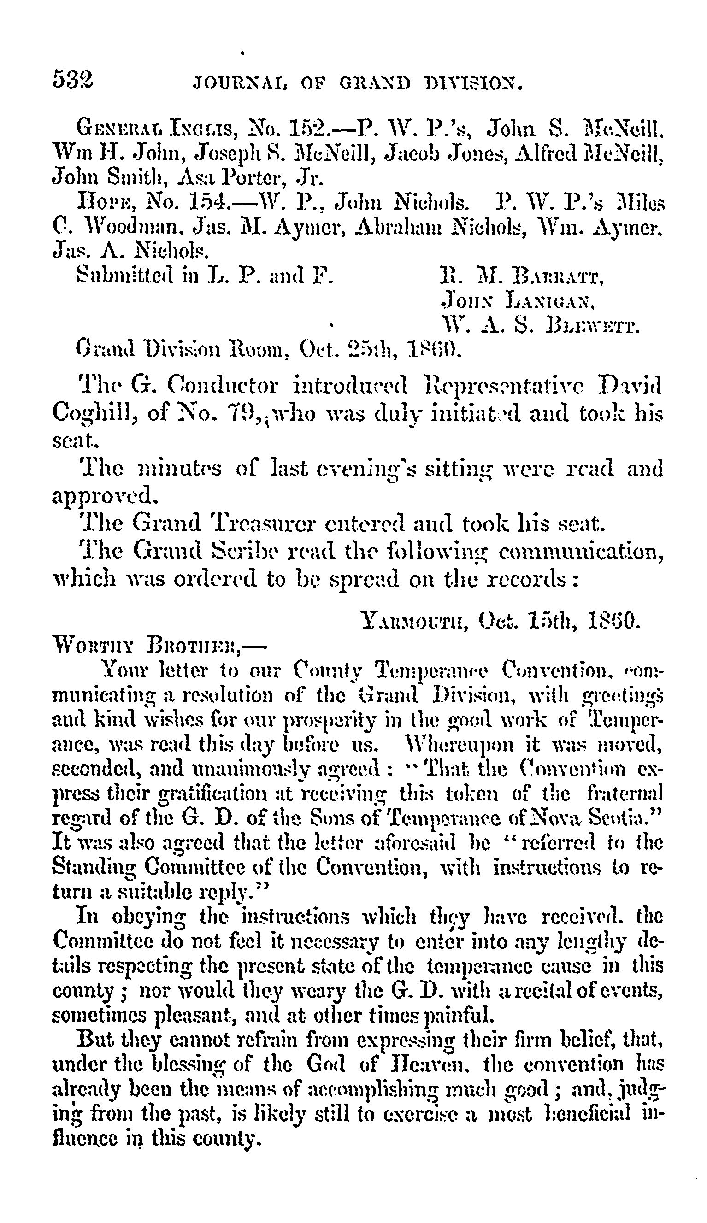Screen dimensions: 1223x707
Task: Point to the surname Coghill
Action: click(x=92, y=414)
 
